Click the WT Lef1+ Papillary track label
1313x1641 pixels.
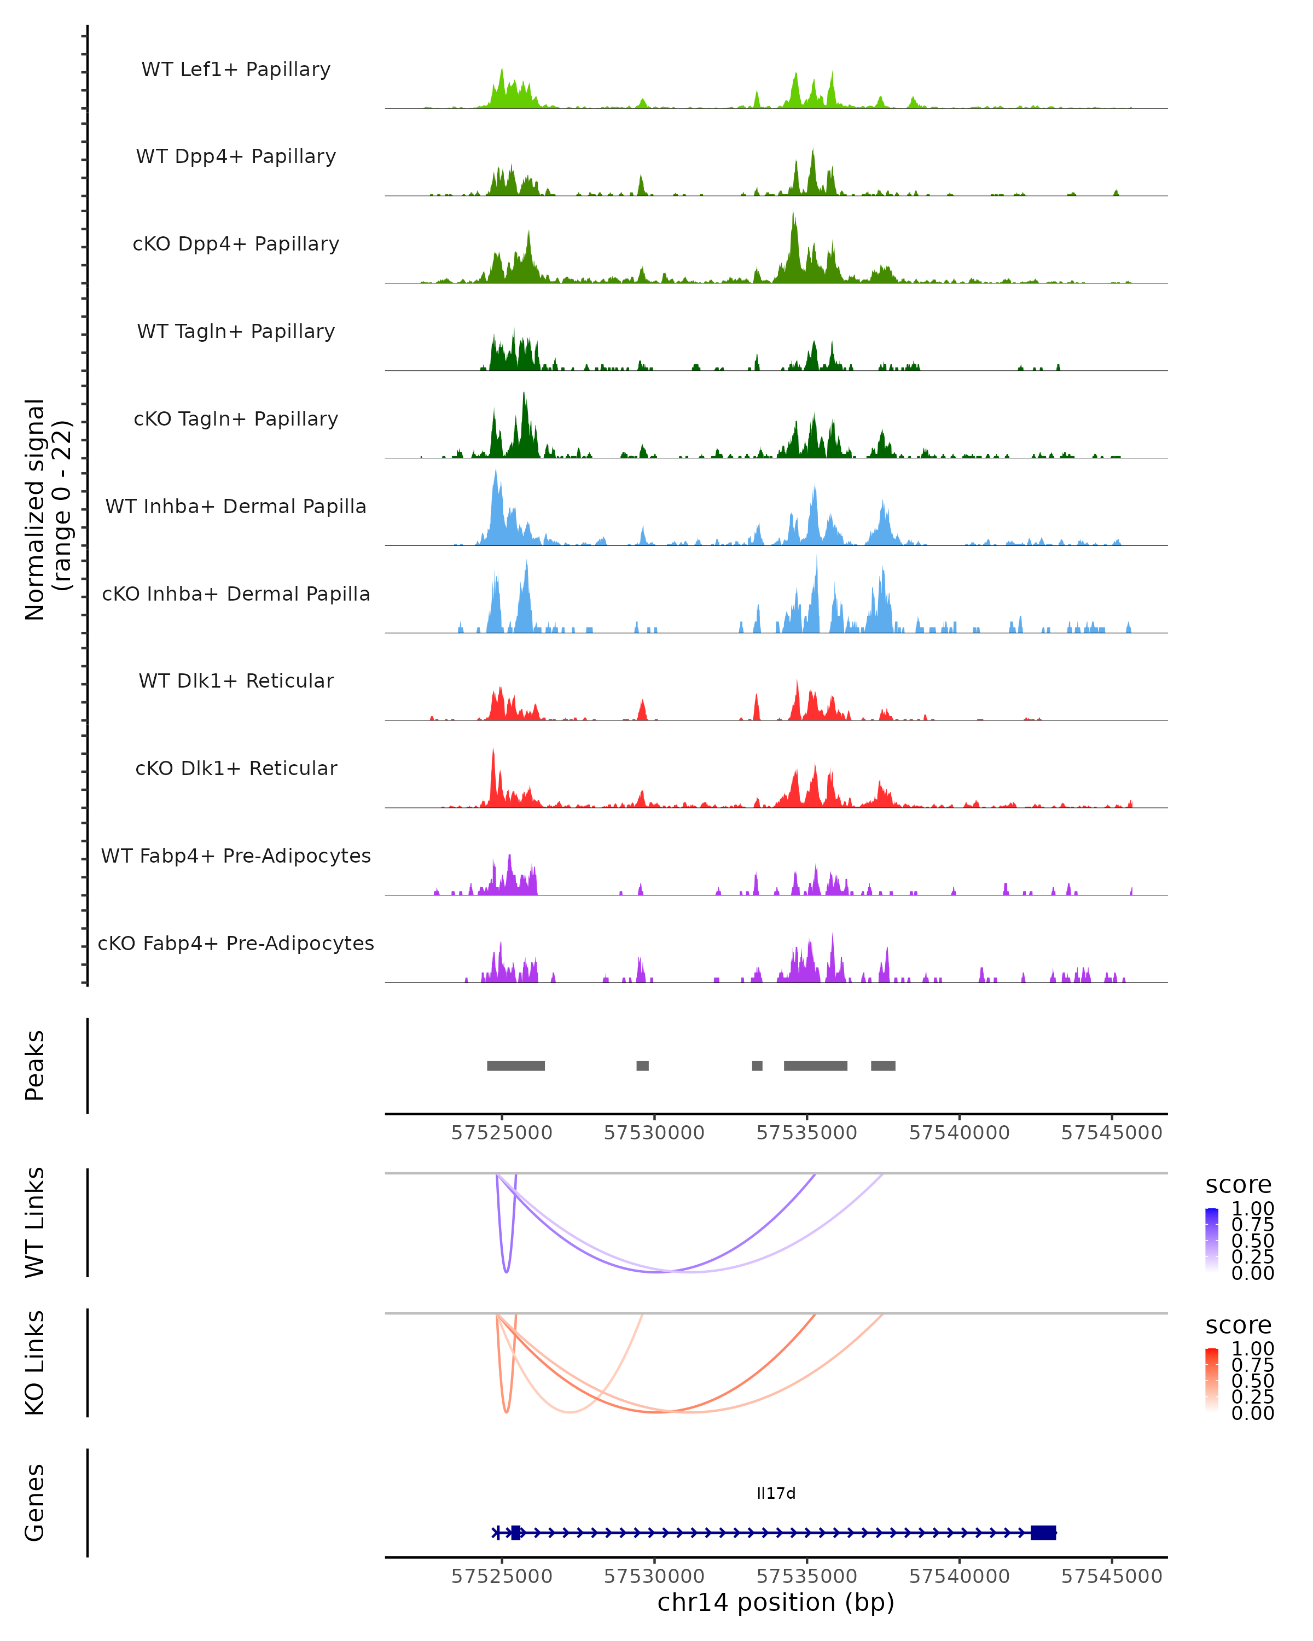click(236, 69)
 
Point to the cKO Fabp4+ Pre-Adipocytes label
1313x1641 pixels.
click(236, 943)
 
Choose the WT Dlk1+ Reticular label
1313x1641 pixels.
click(236, 680)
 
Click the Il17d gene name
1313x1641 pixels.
click(776, 1493)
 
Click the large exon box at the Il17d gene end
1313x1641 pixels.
click(1043, 1533)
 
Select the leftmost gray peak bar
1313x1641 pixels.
click(515, 1066)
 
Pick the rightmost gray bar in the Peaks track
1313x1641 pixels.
click(883, 1066)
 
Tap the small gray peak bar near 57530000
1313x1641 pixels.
click(642, 1066)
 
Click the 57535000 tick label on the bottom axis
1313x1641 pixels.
click(807, 1576)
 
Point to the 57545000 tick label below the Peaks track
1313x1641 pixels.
click(1111, 1133)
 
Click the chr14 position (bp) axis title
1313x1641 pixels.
click(776, 1603)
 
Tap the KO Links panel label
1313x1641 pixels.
click(35, 1363)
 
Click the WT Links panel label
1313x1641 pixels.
click(35, 1223)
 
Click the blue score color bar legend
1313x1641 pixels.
click(1212, 1240)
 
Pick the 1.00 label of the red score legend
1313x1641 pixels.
click(1253, 1349)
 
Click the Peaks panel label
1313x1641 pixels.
click(35, 1066)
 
